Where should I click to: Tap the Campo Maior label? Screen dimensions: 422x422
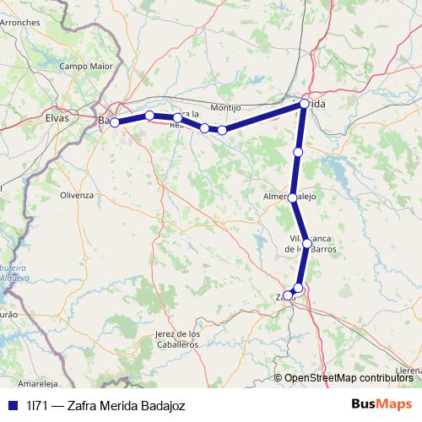[x=85, y=65]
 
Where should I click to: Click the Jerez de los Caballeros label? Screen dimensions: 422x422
[x=177, y=339]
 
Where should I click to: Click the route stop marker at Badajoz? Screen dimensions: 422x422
[x=115, y=122]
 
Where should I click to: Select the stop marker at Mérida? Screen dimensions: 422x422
[x=304, y=105]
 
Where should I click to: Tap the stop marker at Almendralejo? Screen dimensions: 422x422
[x=292, y=197]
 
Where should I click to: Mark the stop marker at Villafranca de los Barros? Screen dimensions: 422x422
[x=307, y=243]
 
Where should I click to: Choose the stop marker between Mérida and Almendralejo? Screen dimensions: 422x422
[x=298, y=152]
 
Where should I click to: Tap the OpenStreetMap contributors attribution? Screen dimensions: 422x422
[x=349, y=378]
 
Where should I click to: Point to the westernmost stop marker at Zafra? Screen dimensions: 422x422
[x=288, y=295]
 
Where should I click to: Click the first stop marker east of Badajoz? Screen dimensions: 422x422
[x=149, y=115]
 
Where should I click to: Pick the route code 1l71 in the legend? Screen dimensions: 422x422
[x=37, y=405]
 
